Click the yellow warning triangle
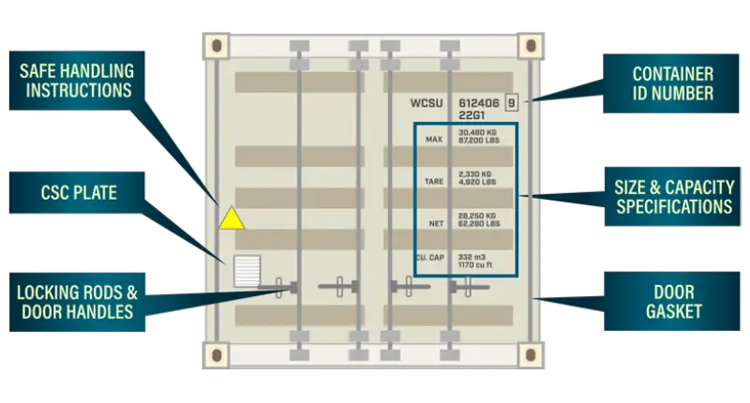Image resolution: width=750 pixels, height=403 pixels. pos(232,218)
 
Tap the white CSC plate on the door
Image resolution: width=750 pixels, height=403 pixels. pos(247,271)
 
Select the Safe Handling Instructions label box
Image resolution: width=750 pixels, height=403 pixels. pos(77,81)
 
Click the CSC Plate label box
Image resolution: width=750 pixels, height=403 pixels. pos(77,193)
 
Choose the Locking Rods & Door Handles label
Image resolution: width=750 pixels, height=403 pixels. pos(77,302)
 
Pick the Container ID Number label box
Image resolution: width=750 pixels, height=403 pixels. pos(671,83)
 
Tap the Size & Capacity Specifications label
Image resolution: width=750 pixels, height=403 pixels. pos(672,197)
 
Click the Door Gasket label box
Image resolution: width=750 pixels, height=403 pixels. pos(672,301)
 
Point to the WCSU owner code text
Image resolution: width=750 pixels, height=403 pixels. pos(427,103)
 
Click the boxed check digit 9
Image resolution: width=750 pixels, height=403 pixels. pos(511,103)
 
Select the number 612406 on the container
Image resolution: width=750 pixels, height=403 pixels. pos(479,103)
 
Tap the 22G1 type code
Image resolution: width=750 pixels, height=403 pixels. pos(472,115)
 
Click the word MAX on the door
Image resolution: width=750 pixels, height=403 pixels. pos(434,139)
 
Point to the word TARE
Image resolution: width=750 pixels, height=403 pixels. pos(434,181)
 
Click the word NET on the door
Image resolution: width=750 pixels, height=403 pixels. pos(436,223)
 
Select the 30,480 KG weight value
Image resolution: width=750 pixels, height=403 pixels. pos(477,132)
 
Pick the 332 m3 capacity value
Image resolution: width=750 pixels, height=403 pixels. pos(472,257)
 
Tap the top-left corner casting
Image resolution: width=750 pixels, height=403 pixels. pos(217,46)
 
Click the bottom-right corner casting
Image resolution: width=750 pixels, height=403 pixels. pos(531,354)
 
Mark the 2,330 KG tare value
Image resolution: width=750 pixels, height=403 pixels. pos(474,174)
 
